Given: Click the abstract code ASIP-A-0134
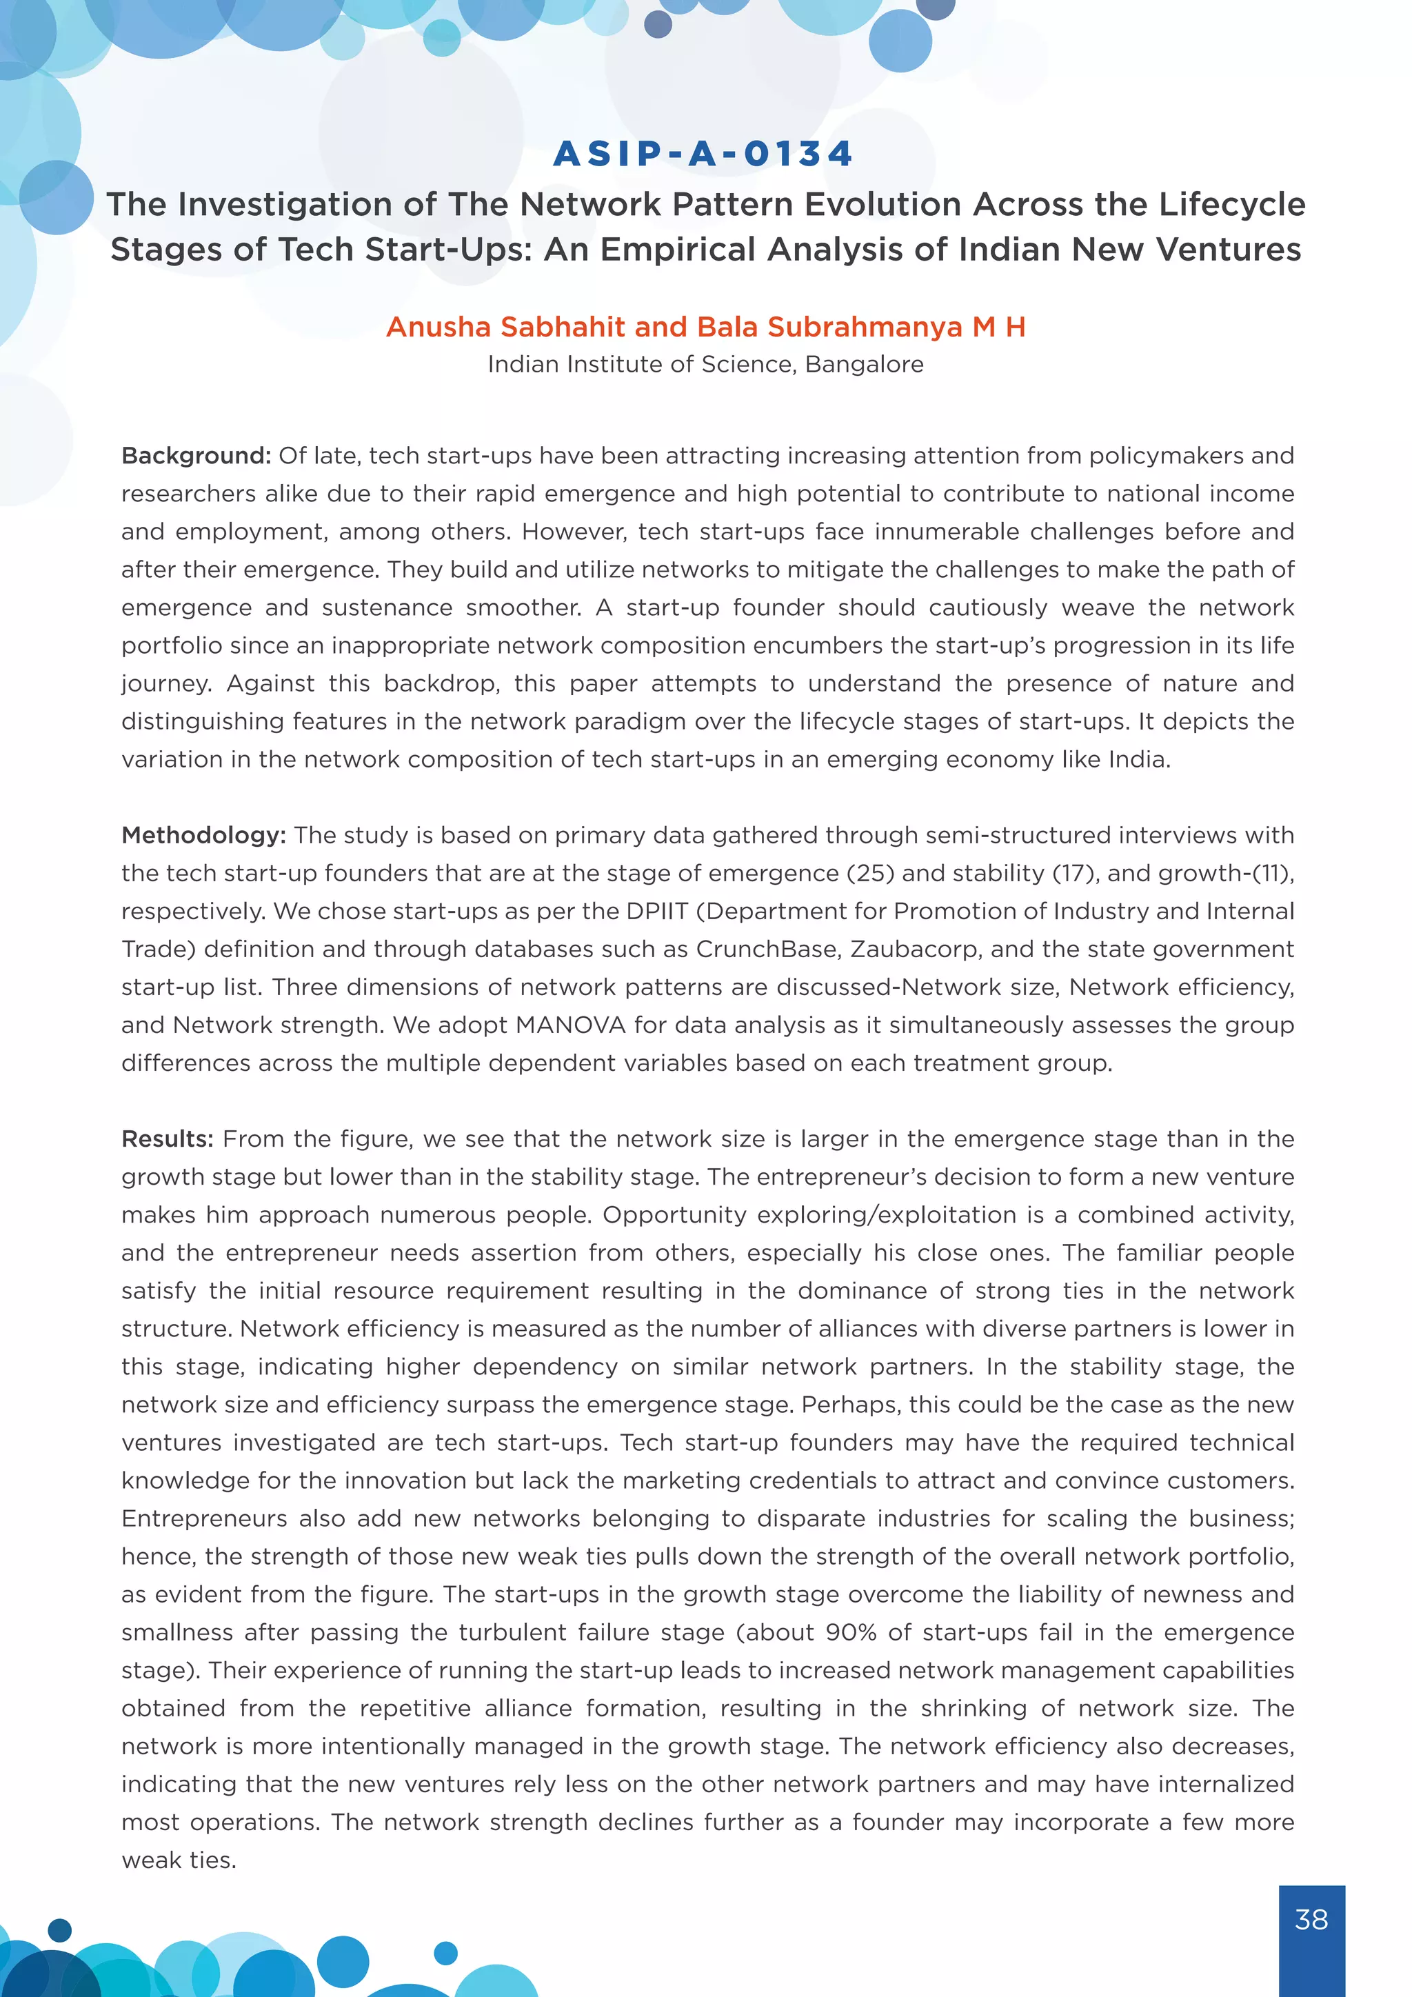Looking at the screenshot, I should point(703,154).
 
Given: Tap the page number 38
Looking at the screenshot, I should point(1311,1918).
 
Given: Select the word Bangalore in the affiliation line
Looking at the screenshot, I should point(865,364).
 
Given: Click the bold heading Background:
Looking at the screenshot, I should point(196,456).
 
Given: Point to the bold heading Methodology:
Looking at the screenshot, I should point(203,835).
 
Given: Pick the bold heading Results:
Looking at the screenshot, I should point(167,1138).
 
